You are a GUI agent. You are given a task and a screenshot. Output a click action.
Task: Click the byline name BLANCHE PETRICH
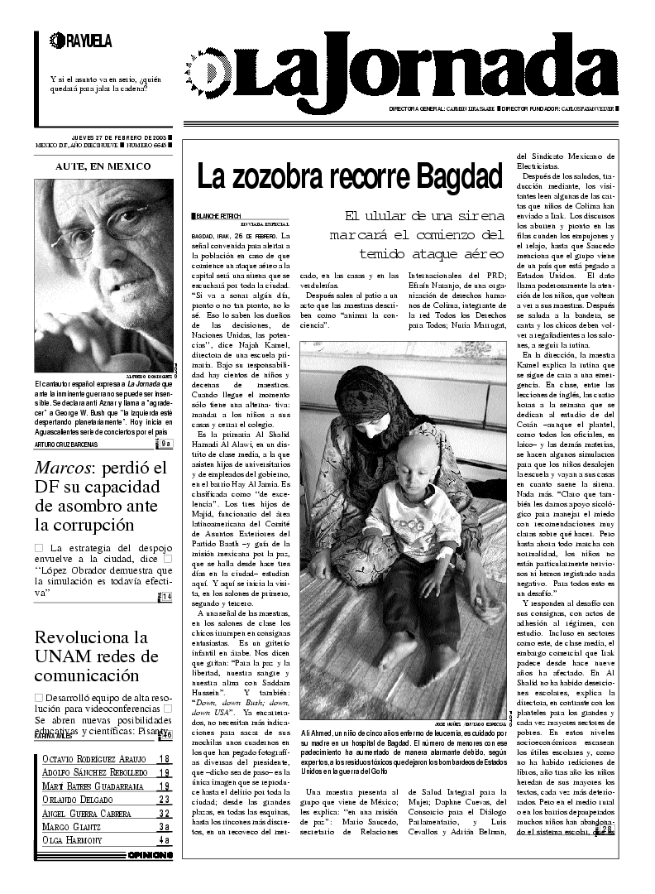[218, 216]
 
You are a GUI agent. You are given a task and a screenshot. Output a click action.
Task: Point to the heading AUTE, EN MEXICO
[103, 166]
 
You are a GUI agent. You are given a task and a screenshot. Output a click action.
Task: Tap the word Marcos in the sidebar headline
[63, 469]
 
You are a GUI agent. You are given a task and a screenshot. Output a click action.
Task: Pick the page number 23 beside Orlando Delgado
[165, 799]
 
